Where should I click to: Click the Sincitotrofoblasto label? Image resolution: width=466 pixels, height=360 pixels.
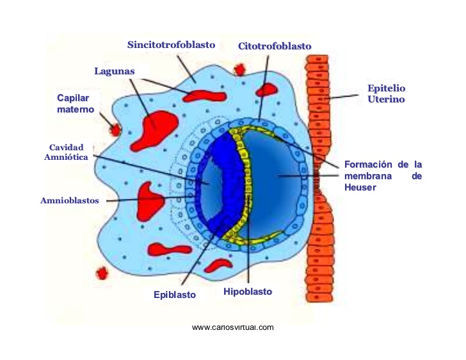tap(171, 45)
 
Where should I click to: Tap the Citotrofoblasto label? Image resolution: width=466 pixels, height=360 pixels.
tap(275, 46)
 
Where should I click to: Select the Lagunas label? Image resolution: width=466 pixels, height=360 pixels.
tap(115, 71)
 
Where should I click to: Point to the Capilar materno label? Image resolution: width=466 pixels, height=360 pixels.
tap(76, 104)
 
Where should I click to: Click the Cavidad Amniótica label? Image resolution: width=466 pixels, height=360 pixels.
tap(67, 152)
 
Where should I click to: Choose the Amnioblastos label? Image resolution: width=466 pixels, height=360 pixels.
tap(70, 201)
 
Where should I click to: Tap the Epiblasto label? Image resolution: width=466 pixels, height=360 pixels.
tap(175, 295)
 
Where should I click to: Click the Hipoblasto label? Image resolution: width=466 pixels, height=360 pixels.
tap(248, 292)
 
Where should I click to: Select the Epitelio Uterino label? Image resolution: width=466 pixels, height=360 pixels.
tap(387, 93)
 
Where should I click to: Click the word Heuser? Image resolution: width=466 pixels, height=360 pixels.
tap(360, 187)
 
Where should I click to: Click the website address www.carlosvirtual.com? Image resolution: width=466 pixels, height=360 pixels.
tap(233, 327)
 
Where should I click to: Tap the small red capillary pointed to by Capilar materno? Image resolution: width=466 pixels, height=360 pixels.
tap(115, 130)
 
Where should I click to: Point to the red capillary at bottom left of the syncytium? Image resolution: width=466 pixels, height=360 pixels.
tap(102, 273)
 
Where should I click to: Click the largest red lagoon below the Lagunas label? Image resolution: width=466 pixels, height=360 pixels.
tap(154, 130)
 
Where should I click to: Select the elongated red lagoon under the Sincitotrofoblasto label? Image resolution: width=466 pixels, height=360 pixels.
tap(204, 96)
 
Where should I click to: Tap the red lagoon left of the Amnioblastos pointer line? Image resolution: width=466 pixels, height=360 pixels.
tap(149, 202)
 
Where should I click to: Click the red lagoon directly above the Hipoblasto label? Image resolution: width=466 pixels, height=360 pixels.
tap(218, 265)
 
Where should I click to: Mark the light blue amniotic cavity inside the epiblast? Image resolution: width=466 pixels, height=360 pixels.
tap(211, 184)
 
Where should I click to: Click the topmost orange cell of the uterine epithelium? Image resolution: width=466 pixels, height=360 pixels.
tap(317, 59)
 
